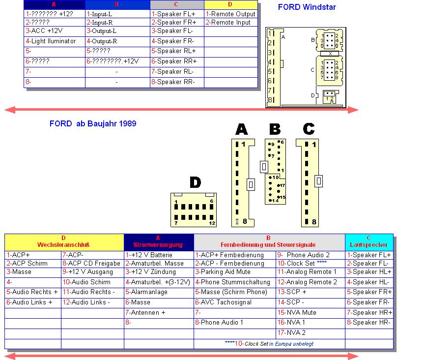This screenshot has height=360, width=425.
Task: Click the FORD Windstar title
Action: tap(307, 7)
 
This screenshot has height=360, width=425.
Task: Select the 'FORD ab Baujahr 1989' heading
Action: tap(93, 124)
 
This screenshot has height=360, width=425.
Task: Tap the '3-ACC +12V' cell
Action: tap(44, 30)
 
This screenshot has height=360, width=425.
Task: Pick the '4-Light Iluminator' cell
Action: tap(51, 41)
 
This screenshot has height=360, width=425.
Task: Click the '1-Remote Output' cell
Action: tap(230, 14)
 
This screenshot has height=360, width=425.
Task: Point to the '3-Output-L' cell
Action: tap(102, 30)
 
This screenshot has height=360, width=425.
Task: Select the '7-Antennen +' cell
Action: tap(145, 312)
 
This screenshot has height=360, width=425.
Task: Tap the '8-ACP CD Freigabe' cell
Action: tap(91, 264)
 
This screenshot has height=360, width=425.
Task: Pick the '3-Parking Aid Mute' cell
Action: tap(223, 272)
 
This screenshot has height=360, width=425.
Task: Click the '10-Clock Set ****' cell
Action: tap(302, 264)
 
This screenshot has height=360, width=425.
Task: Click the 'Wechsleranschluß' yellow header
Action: tap(64, 244)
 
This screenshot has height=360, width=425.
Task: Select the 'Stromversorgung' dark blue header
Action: tap(159, 244)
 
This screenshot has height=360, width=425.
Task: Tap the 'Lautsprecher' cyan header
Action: tap(369, 244)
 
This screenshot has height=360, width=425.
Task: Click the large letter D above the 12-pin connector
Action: tap(195, 183)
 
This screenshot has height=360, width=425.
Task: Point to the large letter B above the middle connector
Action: tap(275, 129)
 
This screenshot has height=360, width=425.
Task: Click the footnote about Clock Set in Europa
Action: tap(269, 344)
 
